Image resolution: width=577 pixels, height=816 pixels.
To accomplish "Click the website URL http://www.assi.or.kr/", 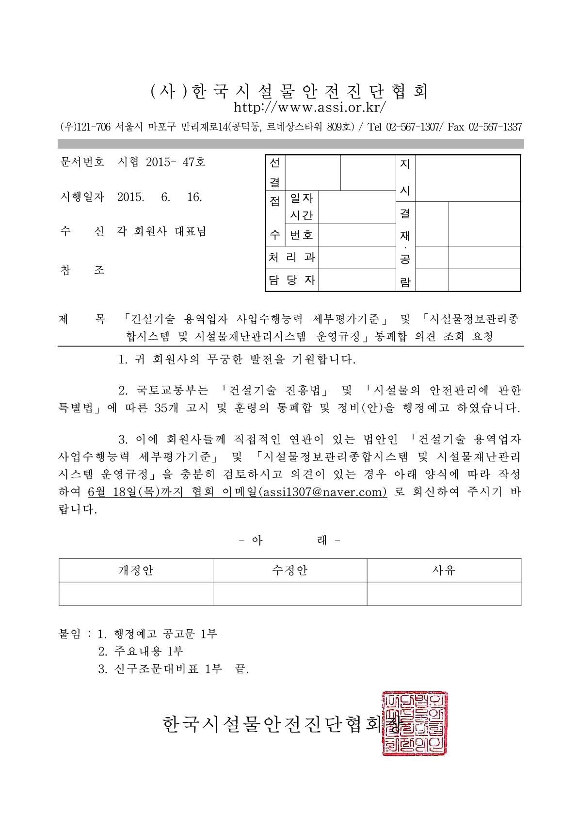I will click(x=310, y=106).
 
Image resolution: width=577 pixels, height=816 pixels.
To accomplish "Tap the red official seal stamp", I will click(x=415, y=723).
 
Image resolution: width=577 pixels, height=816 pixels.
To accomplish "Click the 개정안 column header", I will click(x=136, y=570).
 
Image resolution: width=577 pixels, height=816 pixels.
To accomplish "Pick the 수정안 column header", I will click(x=290, y=570).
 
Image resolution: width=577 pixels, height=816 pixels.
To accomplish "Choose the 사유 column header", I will click(x=444, y=570).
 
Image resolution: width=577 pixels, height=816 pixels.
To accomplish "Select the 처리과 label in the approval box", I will click(x=292, y=257).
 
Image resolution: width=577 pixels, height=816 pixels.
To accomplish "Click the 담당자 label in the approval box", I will click(x=292, y=280).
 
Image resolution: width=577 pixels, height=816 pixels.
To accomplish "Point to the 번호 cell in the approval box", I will click(x=301, y=235).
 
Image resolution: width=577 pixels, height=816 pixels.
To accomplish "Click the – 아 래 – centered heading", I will click(x=290, y=540).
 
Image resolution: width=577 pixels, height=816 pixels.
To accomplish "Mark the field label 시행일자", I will click(x=81, y=197).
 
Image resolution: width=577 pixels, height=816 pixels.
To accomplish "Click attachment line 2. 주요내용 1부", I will click(x=141, y=651).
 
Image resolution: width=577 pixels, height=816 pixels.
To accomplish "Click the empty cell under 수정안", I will click(x=290, y=593).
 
